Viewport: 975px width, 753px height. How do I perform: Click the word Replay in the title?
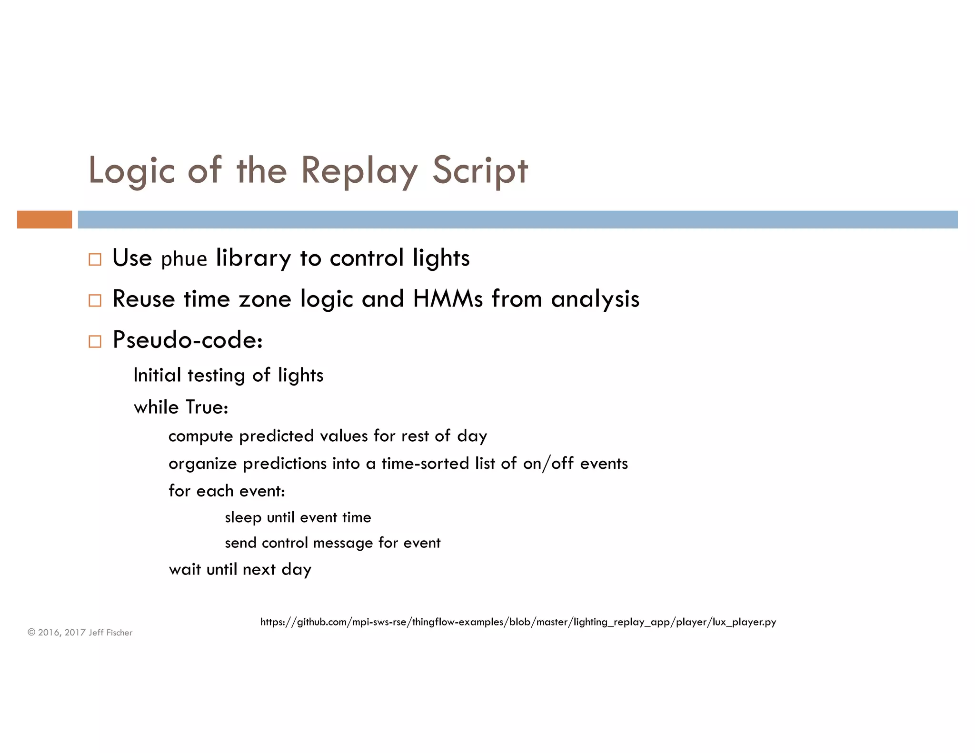[359, 170]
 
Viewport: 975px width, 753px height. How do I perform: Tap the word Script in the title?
[480, 170]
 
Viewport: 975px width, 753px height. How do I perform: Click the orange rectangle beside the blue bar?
[44, 219]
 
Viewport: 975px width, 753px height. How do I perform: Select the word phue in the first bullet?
[184, 259]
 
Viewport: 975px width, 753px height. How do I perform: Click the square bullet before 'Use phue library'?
[95, 259]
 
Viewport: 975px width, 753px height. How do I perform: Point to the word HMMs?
[448, 299]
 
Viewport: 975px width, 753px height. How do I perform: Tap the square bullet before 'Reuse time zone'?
[95, 300]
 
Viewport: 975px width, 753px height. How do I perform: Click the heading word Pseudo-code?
[188, 340]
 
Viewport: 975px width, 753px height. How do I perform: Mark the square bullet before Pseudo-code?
[95, 341]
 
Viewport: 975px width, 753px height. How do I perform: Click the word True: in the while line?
[207, 407]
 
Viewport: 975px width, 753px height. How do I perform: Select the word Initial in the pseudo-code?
[157, 375]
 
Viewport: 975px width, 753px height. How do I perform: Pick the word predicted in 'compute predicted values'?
[276, 436]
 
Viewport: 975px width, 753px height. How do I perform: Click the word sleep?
[243, 517]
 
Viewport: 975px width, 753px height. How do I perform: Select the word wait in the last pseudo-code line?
[185, 570]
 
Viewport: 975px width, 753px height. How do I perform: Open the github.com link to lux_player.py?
[518, 622]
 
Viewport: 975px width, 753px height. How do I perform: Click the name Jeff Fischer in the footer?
[110, 633]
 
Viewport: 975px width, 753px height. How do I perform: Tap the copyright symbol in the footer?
[31, 633]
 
